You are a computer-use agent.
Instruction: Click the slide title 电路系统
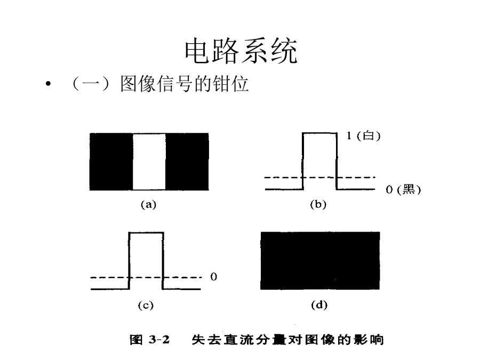tap(241, 51)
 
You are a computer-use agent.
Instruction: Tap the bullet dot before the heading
tap(48, 84)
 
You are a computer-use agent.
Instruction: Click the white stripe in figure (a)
tap(149, 162)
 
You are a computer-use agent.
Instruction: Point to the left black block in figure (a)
tap(111, 162)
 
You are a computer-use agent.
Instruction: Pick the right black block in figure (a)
tap(187, 162)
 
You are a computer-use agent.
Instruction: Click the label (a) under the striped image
tap(148, 204)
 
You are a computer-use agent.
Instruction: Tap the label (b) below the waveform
tap(318, 204)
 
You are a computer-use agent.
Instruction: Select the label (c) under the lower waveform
tap(146, 305)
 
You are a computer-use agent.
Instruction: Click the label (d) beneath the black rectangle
tap(319, 305)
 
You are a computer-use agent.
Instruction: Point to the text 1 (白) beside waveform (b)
tap(364, 135)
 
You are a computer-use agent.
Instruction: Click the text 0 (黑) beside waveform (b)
tap(403, 189)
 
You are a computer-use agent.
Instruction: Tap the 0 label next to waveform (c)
tap(214, 277)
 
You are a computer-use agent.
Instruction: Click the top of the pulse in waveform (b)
tap(319, 133)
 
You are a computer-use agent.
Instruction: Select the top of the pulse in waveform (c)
tap(146, 233)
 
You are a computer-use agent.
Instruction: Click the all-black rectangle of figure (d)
tap(320, 260)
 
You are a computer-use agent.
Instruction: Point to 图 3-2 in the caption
tap(149, 340)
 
